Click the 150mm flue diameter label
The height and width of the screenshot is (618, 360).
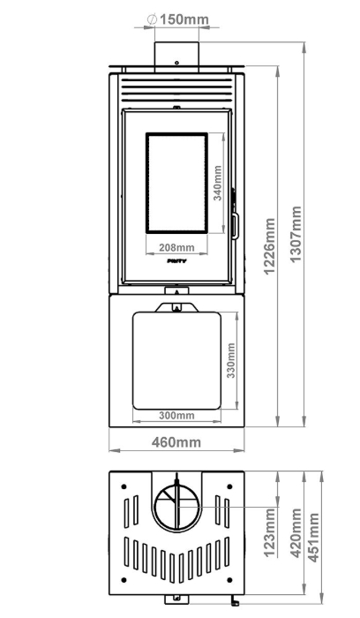pyautogui.click(x=184, y=19)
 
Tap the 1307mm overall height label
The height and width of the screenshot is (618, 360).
pyautogui.click(x=295, y=233)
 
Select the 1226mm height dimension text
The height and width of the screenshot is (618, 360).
pyautogui.click(x=269, y=246)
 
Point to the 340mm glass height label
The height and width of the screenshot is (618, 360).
pyautogui.click(x=217, y=183)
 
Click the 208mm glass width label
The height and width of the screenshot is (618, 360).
pyautogui.click(x=176, y=247)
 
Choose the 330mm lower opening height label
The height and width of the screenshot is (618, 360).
pyautogui.click(x=231, y=360)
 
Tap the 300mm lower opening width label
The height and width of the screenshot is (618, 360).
pyautogui.click(x=176, y=416)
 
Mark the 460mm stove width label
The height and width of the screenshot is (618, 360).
pyautogui.click(x=176, y=442)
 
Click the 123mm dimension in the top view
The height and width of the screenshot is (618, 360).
pyautogui.click(x=269, y=532)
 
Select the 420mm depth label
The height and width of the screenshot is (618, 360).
pyautogui.click(x=296, y=533)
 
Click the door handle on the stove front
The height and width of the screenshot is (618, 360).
pyautogui.click(x=235, y=226)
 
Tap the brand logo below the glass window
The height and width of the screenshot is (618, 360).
pyautogui.click(x=176, y=261)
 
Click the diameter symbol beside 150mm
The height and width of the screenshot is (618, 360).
pyautogui.click(x=152, y=19)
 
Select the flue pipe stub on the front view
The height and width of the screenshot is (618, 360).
pyautogui.click(x=176, y=57)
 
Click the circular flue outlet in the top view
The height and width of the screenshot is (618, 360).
pyautogui.click(x=176, y=505)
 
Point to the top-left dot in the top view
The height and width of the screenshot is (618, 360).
pyautogui.click(x=124, y=487)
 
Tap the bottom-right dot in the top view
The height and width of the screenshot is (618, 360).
pyautogui.click(x=229, y=580)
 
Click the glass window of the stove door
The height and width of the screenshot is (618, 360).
pyautogui.click(x=176, y=183)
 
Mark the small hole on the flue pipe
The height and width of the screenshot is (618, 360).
pyautogui.click(x=176, y=63)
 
